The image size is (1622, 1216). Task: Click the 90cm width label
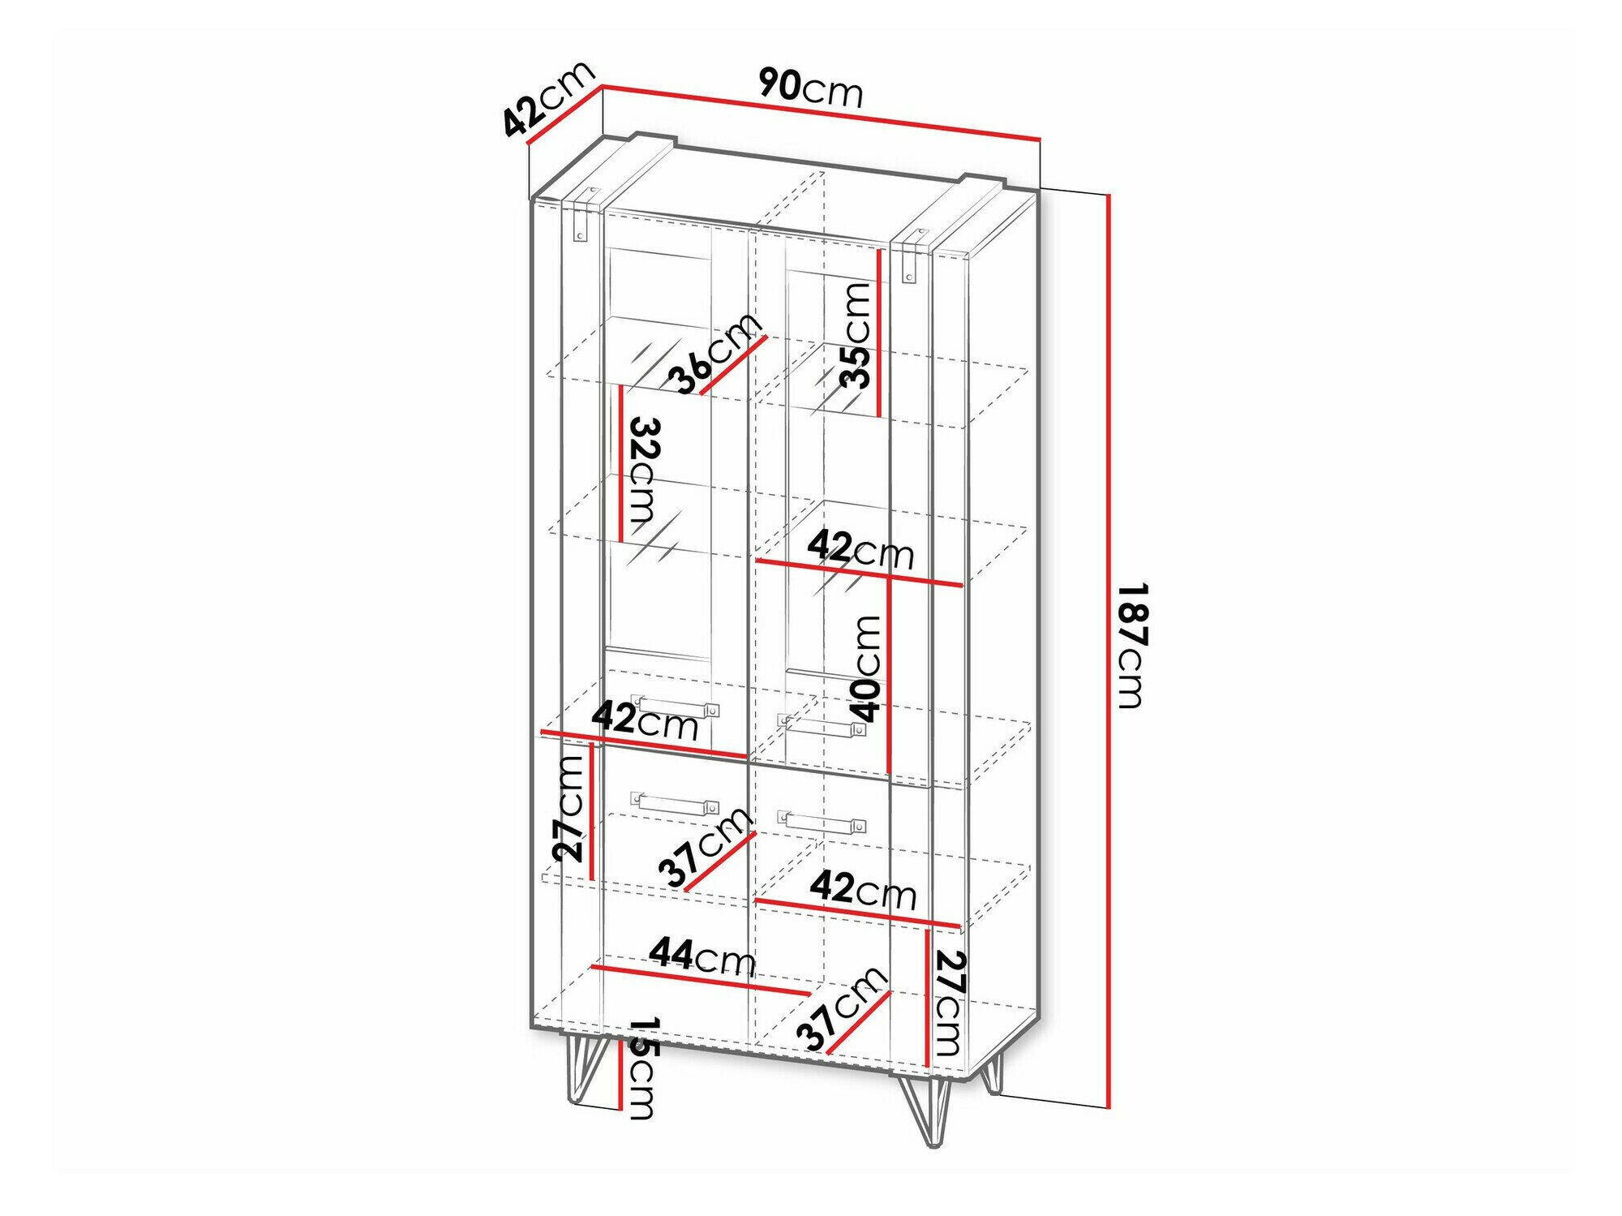pyautogui.click(x=810, y=88)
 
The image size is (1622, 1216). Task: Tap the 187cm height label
pyautogui.click(x=1132, y=645)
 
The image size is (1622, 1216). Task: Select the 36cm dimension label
pyautogui.click(x=715, y=354)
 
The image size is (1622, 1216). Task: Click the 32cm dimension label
pyautogui.click(x=643, y=475)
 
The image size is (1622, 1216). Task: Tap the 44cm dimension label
pyautogui.click(x=702, y=957)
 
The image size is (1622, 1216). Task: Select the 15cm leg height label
pyautogui.click(x=640, y=1068)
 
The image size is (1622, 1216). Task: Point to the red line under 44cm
pyautogui.click(x=701, y=981)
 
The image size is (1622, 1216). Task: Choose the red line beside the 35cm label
pyautogui.click(x=879, y=333)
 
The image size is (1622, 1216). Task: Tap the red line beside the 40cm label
pyautogui.click(x=890, y=675)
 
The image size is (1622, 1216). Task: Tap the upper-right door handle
pyautogui.click(x=822, y=725)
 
